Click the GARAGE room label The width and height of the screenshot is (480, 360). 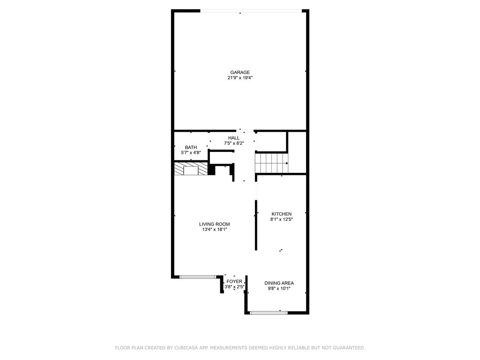tap(240, 72)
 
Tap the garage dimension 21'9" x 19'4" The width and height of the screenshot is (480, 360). tap(240, 78)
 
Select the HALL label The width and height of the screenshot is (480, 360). tap(233, 138)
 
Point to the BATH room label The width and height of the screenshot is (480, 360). tap(191, 147)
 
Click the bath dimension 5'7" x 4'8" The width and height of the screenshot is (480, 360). tap(191, 153)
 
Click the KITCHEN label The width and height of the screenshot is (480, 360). tap(281, 214)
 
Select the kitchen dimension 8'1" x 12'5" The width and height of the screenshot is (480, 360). tap(281, 219)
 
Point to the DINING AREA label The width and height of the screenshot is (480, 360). tap(279, 283)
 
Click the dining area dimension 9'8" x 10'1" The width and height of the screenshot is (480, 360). tap(279, 289)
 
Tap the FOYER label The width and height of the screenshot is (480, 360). tap(234, 281)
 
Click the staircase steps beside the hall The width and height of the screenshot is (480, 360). tap(271, 163)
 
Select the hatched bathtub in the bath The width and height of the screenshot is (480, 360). tap(191, 169)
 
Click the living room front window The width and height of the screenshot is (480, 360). tap(197, 277)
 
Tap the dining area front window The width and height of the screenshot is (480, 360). tap(269, 313)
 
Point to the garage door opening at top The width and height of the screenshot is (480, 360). tap(251, 11)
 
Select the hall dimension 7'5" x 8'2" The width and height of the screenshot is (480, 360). tap(233, 143)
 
